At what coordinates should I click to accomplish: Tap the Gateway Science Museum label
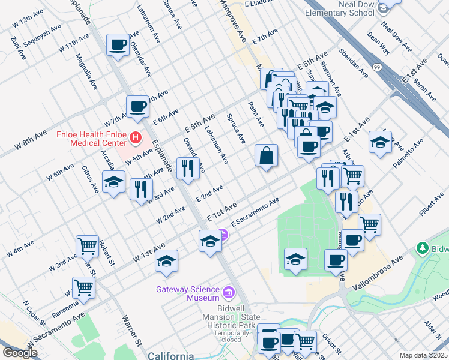[187, 293]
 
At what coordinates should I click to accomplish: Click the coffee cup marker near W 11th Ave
[118, 44]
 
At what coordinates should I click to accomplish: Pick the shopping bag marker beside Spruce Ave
[266, 156]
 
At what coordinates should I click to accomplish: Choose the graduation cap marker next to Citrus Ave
[112, 182]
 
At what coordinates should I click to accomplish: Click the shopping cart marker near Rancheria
[83, 287]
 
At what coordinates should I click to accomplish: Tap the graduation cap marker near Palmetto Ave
[380, 142]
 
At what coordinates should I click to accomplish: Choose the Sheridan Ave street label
[354, 63]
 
